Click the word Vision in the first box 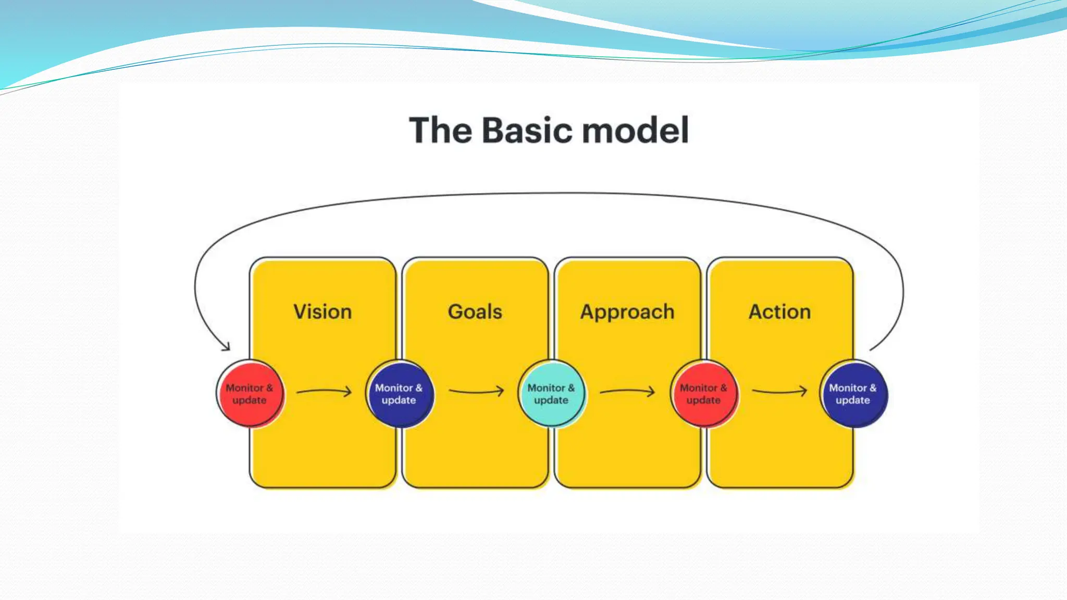(322, 311)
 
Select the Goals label (475, 311)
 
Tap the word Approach (627, 312)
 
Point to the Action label (779, 311)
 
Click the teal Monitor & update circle (551, 394)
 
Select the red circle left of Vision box (250, 394)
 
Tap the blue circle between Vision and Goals (399, 394)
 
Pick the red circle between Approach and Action (703, 394)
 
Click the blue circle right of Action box (853, 394)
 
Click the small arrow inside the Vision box (324, 391)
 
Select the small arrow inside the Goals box (476, 391)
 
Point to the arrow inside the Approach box (627, 391)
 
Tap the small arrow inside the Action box (779, 391)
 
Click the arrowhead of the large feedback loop (226, 346)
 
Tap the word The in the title (440, 130)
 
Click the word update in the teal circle (551, 401)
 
